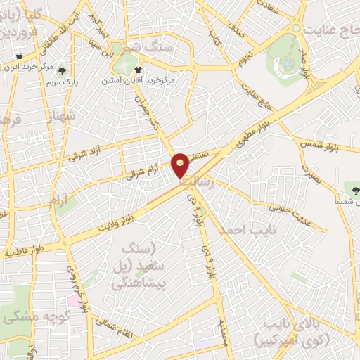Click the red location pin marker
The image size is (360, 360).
[x=181, y=165]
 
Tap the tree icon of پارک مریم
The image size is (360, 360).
[x=61, y=70]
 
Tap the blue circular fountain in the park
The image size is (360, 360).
[x=287, y=64]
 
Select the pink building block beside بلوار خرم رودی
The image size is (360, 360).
[x=73, y=300]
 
